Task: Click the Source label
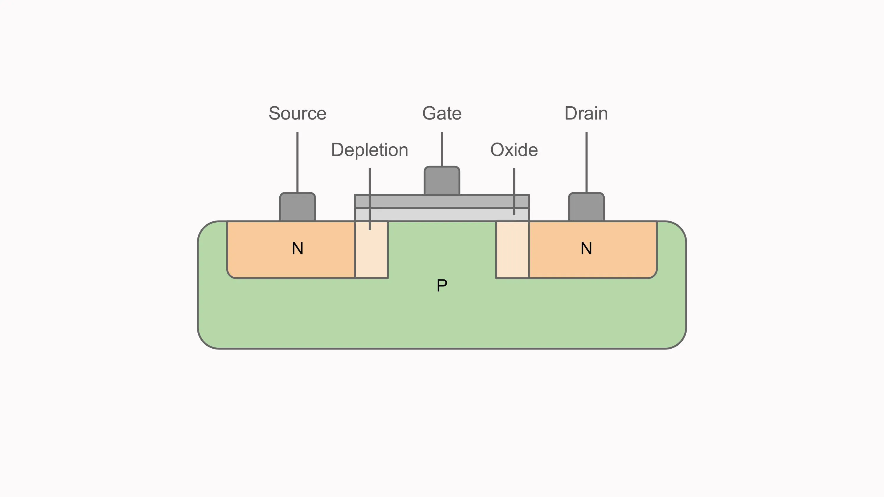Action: [x=297, y=114]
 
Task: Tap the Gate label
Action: [x=442, y=114]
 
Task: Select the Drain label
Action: [x=586, y=114]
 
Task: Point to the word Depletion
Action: [x=369, y=150]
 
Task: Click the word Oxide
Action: [x=514, y=150]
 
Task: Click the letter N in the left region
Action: [x=298, y=248]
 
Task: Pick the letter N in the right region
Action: [x=586, y=248]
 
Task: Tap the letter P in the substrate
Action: [x=442, y=285]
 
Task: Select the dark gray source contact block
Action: [x=298, y=207]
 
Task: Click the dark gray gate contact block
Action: [x=442, y=181]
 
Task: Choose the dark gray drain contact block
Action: [x=586, y=207]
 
